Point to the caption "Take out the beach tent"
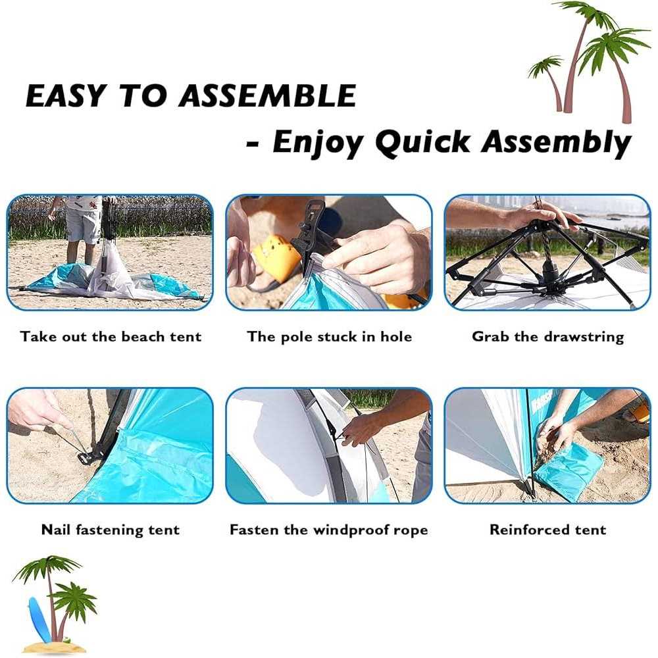click(x=111, y=337)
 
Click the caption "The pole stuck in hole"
click(x=329, y=337)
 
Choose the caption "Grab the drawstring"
click(x=547, y=337)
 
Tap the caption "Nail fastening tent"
click(x=110, y=530)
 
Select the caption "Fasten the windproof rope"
click(x=328, y=530)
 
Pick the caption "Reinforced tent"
click(x=547, y=530)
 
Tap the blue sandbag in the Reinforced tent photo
click(x=567, y=470)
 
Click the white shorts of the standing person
click(x=83, y=224)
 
